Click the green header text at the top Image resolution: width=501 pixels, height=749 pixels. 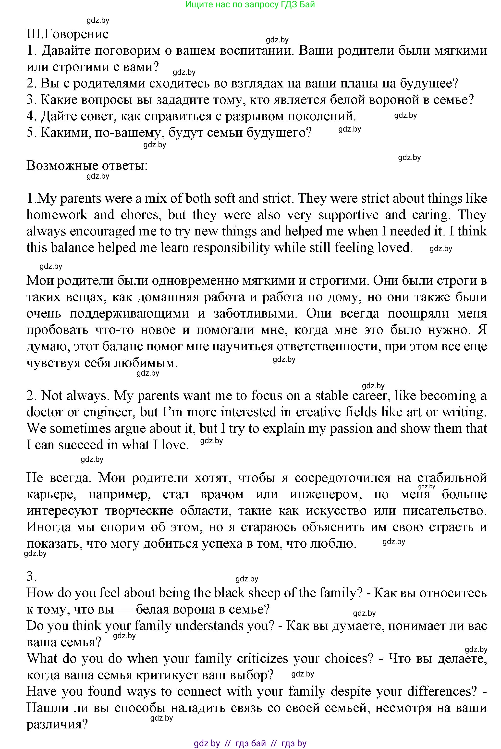click(x=250, y=4)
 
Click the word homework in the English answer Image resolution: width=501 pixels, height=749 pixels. click(x=57, y=215)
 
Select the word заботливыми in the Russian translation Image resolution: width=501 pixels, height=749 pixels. click(x=255, y=313)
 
